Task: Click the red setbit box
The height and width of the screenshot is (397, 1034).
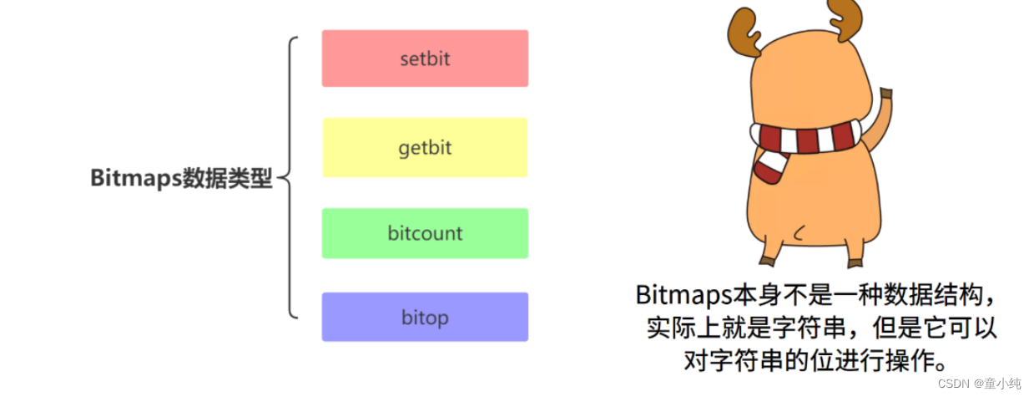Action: pyautogui.click(x=425, y=59)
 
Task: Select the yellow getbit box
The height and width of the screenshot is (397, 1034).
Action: pyautogui.click(x=425, y=148)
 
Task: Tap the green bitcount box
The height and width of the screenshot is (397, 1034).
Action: pyautogui.click(x=425, y=233)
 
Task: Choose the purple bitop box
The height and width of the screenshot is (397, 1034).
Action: pyautogui.click(x=425, y=317)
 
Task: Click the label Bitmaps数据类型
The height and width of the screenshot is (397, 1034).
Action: pyautogui.click(x=181, y=178)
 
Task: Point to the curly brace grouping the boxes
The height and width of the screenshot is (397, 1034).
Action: pyautogui.click(x=289, y=177)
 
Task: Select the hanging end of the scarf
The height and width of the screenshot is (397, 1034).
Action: pyautogui.click(x=769, y=167)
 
